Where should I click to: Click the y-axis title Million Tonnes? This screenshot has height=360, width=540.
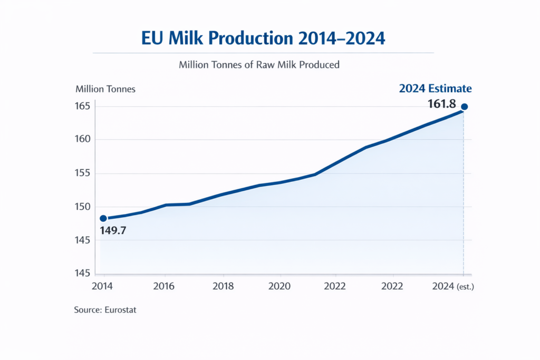[x=105, y=89]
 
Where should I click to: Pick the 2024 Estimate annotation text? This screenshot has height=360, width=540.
[x=435, y=89]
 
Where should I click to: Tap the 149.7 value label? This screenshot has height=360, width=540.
[x=112, y=230]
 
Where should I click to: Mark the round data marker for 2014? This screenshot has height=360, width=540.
[x=103, y=218]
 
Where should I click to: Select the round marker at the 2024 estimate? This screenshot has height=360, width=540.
[x=464, y=107]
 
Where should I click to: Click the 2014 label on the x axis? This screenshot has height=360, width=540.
[x=103, y=286]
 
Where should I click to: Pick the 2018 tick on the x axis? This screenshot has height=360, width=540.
[x=223, y=286]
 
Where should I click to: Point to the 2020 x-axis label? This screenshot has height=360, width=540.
[x=280, y=286]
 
